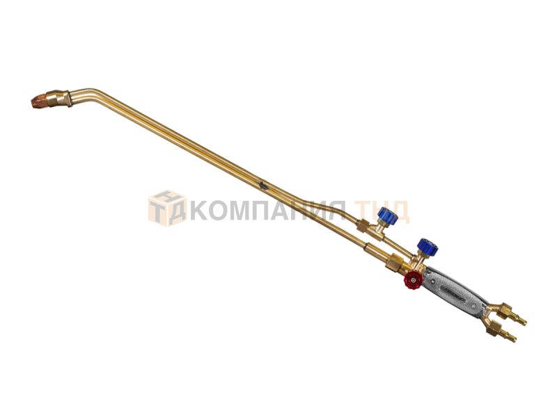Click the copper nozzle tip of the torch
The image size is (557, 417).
pos(39,101)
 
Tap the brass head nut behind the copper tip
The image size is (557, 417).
pos(58,98)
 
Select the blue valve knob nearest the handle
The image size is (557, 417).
pos(427,247)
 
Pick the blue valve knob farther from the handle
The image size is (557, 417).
pos(388,215)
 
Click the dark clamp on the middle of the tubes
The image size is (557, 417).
pos(262,185)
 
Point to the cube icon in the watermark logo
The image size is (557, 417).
pos(167,208)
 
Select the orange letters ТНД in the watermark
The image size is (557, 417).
pos(382,211)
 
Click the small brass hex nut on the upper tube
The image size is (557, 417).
pos(363,226)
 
